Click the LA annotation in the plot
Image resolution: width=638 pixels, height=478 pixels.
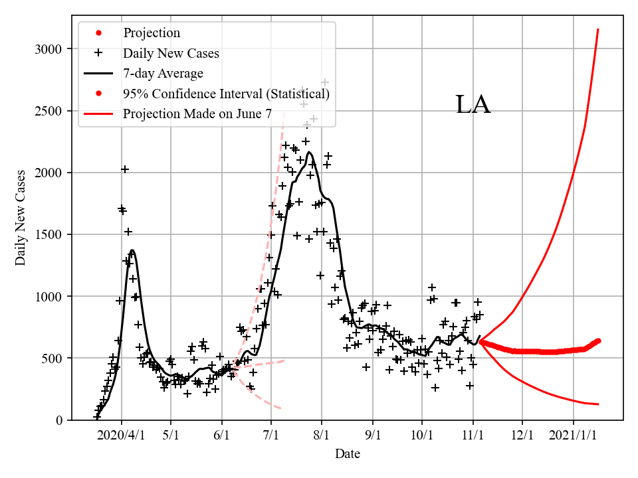coord(473,106)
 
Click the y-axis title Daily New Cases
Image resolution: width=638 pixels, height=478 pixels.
coord(21,217)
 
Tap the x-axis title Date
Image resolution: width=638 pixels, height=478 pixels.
coord(348,454)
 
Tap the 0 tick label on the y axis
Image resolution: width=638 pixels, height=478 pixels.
coord(59,420)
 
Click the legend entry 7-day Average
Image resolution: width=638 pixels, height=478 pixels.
coord(163,73)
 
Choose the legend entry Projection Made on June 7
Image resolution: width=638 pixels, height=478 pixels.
coord(197,114)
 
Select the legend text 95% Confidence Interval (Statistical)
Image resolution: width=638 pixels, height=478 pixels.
coord(226,94)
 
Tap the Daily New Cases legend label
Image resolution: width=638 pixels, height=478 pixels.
coord(171,52)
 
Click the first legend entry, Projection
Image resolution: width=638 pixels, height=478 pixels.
coord(152,33)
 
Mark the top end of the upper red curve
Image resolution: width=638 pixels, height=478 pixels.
coord(598,30)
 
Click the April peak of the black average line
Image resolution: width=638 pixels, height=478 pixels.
coord(132,250)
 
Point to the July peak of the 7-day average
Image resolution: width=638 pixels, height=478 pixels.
coord(309,152)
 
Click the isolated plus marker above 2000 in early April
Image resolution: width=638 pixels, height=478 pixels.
coord(125,169)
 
